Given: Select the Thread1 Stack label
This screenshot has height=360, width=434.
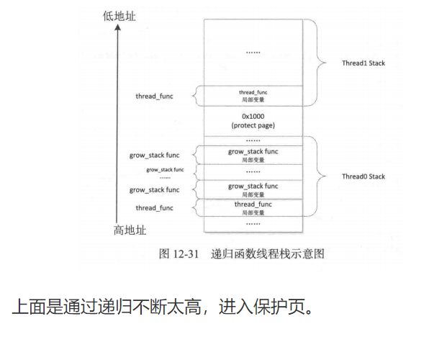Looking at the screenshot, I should [363, 63].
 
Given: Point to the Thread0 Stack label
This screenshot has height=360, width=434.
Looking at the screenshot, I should [363, 176].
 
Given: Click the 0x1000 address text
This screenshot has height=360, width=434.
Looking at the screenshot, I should [253, 116].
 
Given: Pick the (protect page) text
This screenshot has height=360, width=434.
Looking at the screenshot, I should [253, 126].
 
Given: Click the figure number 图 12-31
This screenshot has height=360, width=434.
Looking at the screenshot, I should [177, 253].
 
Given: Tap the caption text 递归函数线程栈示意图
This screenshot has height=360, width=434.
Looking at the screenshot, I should [268, 253].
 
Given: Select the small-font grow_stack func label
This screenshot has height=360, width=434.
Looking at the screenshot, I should [165, 170].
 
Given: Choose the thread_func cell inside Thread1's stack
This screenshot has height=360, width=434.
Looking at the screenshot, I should [253, 96].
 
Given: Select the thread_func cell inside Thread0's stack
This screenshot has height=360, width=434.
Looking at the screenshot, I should [253, 208].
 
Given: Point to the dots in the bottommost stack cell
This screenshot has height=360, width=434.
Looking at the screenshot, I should [253, 223].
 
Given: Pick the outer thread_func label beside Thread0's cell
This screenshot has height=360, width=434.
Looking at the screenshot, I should [154, 207].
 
